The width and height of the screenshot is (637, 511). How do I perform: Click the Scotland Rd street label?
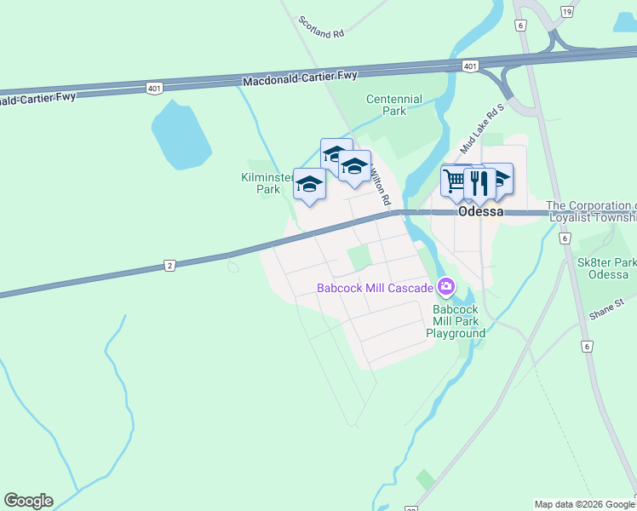pos(320,26)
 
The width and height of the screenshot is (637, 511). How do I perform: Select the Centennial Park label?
pos(393,105)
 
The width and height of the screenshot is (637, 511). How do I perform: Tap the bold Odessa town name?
pos(481,212)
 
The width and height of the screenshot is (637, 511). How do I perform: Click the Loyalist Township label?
pos(591,211)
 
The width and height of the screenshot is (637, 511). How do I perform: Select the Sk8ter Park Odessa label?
pos(608,268)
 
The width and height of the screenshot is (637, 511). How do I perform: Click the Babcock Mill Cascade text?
pos(375,288)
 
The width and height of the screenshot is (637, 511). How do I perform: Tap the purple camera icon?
pos(445,284)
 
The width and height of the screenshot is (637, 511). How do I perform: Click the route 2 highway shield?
pos(169,267)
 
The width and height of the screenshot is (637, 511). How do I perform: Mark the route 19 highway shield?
pos(566,11)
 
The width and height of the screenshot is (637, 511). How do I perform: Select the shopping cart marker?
pos(455,181)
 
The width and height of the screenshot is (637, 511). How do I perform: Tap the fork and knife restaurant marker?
pos(479,181)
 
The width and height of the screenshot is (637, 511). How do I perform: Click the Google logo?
pos(28,501)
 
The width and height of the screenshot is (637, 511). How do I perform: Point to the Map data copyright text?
pos(584,504)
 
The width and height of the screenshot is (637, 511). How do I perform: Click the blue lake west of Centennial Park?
pos(180,135)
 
